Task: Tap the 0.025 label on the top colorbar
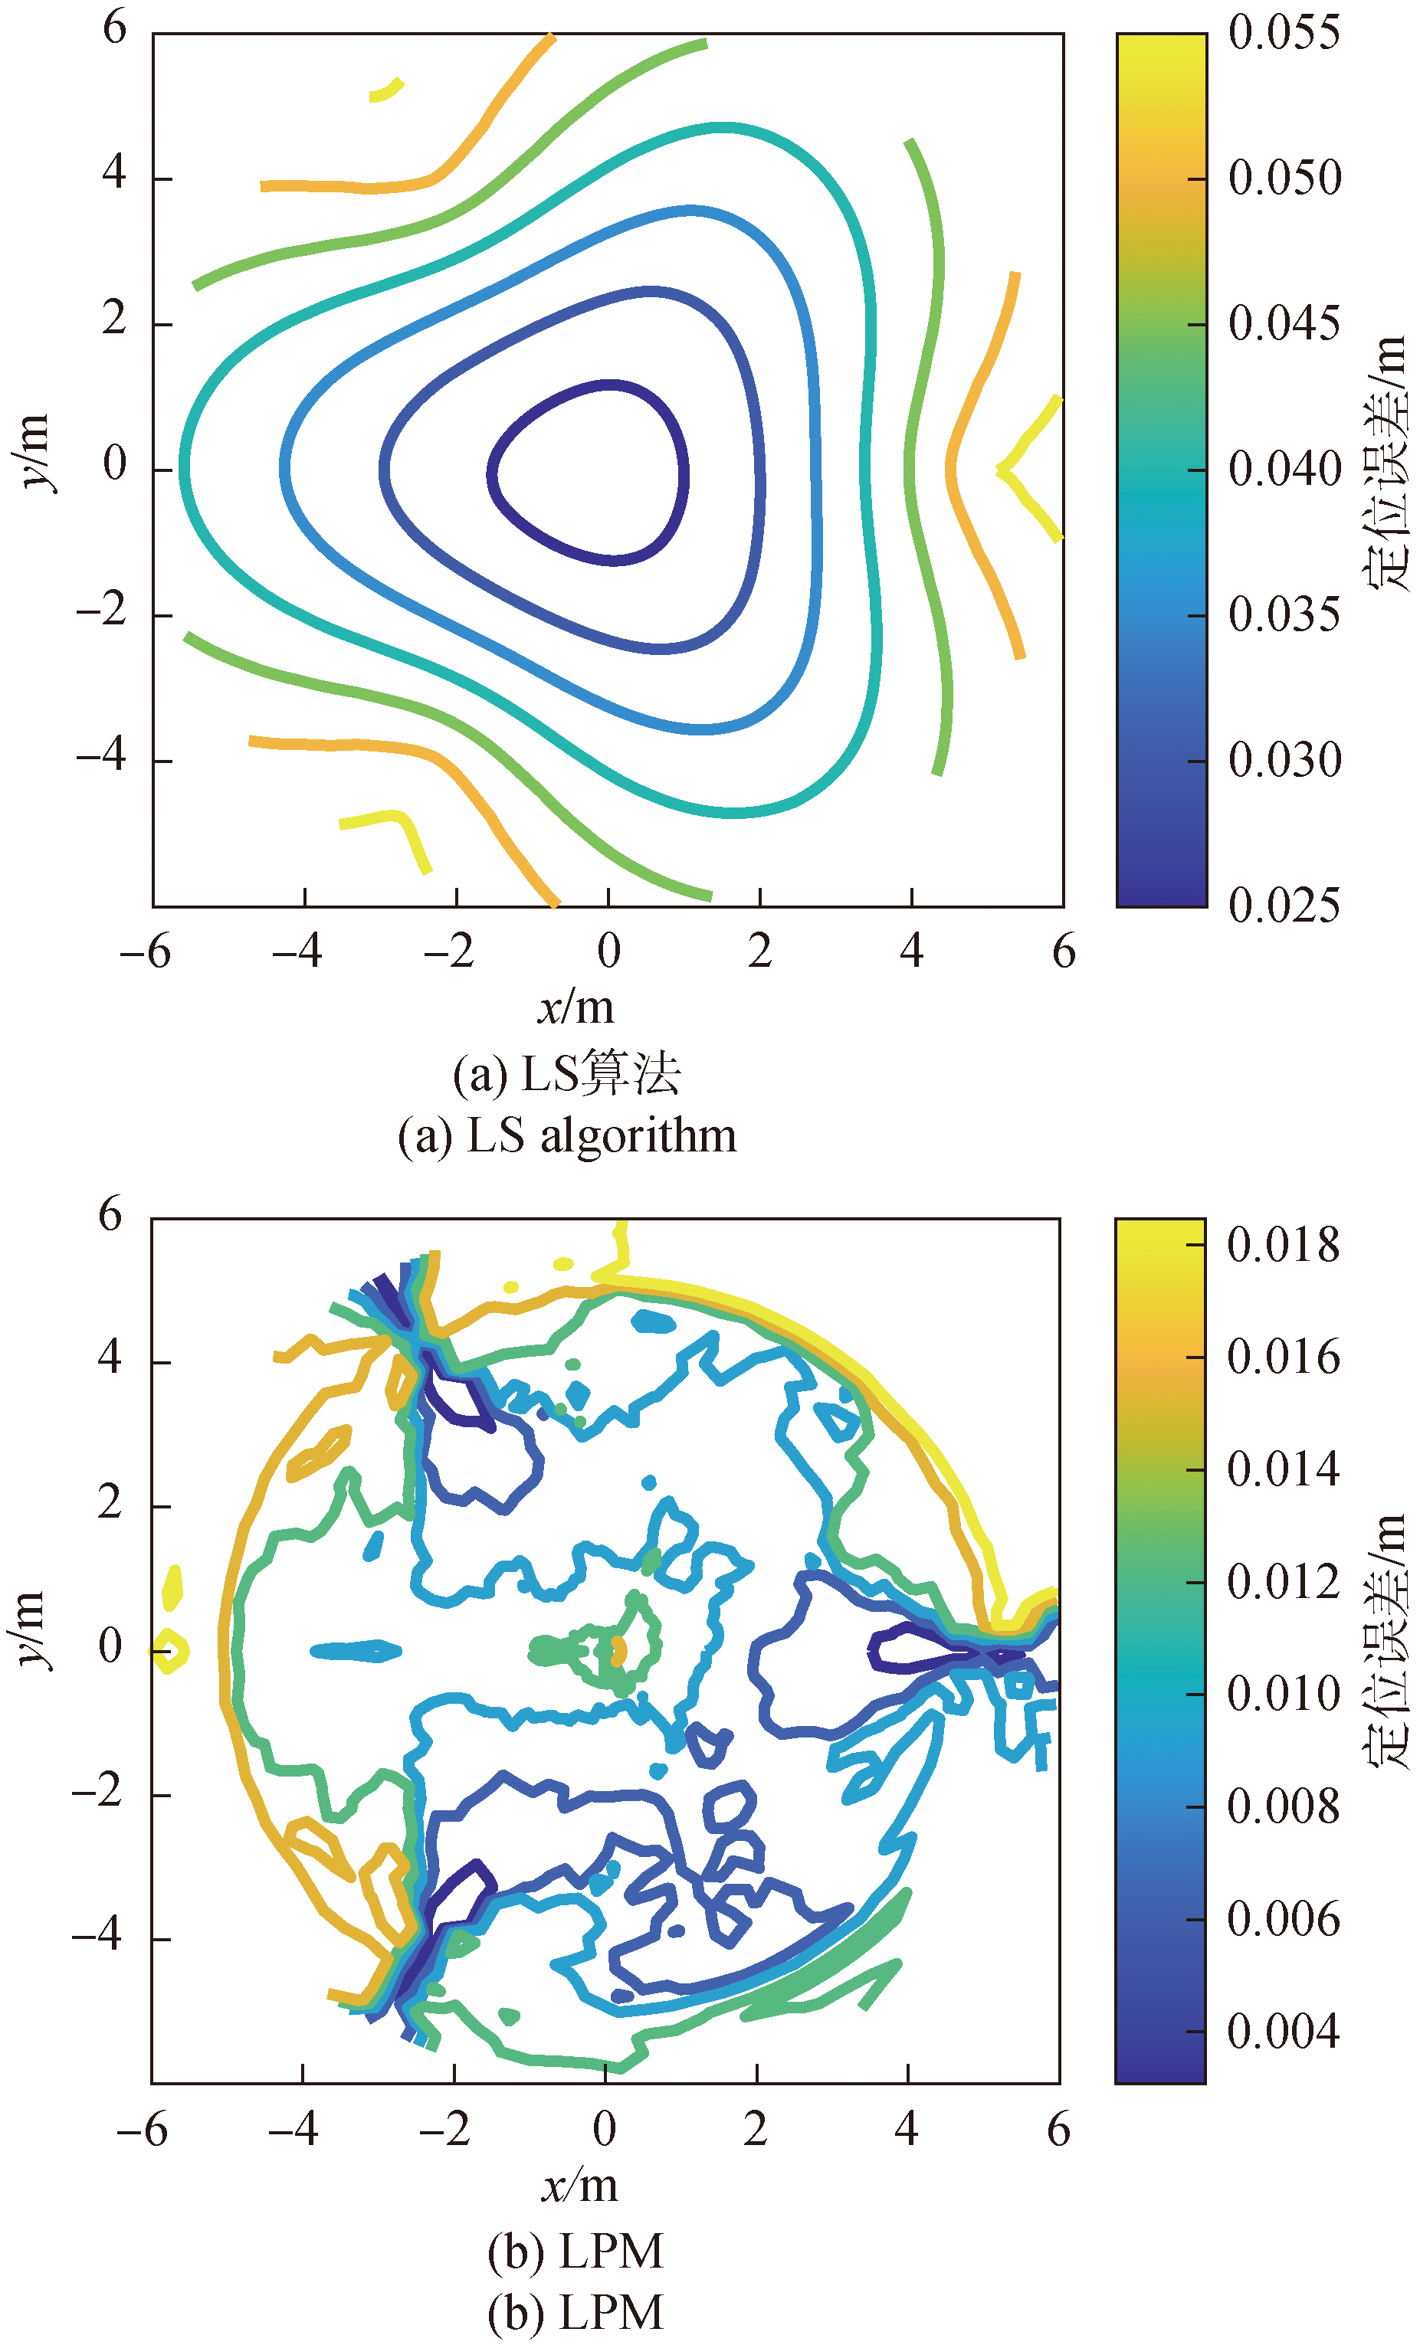1283,905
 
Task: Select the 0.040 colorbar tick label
1283,469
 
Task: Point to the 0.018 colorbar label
1282,1245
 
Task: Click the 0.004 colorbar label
1282,2031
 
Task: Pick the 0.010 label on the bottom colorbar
1282,1694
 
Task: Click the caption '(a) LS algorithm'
567,1135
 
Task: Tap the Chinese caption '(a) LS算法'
567,1073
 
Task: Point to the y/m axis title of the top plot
34,451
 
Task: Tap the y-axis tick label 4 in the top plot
114,173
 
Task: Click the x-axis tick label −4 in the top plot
296,951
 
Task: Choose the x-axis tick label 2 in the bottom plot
756,2128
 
